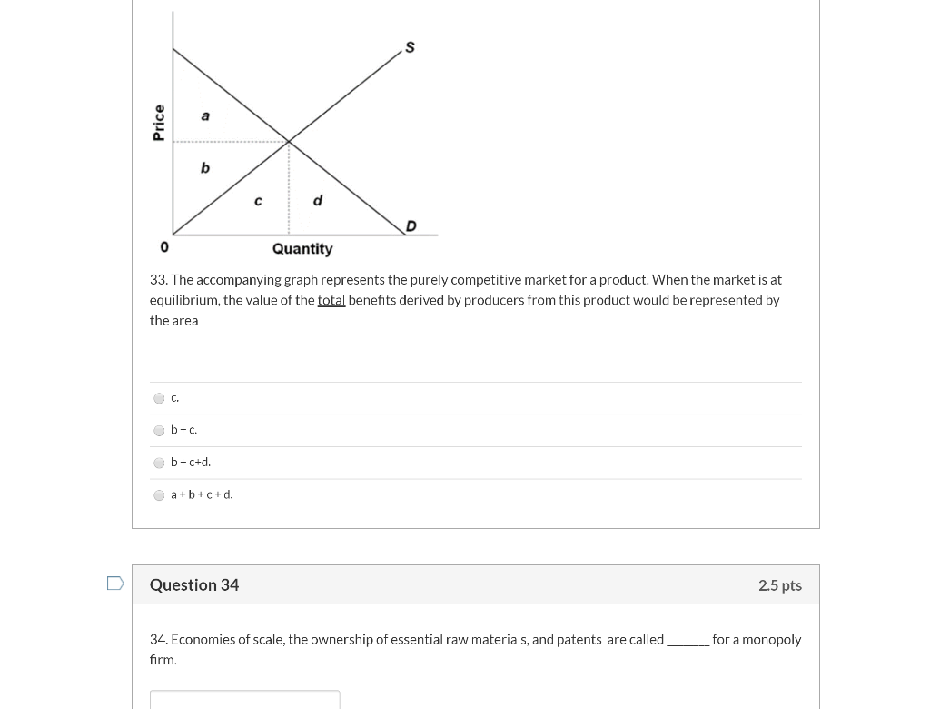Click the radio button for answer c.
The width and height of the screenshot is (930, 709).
[160, 398]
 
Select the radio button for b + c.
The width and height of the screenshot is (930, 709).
[160, 431]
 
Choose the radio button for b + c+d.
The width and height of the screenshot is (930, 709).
[160, 463]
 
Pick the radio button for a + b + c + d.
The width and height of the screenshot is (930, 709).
[160, 495]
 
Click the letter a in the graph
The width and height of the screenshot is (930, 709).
[205, 115]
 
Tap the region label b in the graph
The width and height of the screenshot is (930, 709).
[205, 167]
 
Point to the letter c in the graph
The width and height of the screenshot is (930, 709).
[258, 201]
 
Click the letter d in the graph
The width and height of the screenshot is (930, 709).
[317, 200]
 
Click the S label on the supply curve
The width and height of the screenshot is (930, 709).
[410, 47]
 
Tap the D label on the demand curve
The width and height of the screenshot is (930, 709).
[411, 225]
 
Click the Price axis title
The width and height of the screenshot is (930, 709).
[159, 123]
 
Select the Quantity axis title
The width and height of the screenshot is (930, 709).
[302, 249]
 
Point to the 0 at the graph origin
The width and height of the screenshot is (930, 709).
[164, 247]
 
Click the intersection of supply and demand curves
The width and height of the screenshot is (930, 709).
[289, 141]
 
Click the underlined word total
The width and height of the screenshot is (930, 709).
[331, 300]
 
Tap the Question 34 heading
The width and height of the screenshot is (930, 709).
[194, 585]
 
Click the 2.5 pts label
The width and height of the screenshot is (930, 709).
[779, 585]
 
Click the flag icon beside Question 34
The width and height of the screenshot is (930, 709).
[115, 584]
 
